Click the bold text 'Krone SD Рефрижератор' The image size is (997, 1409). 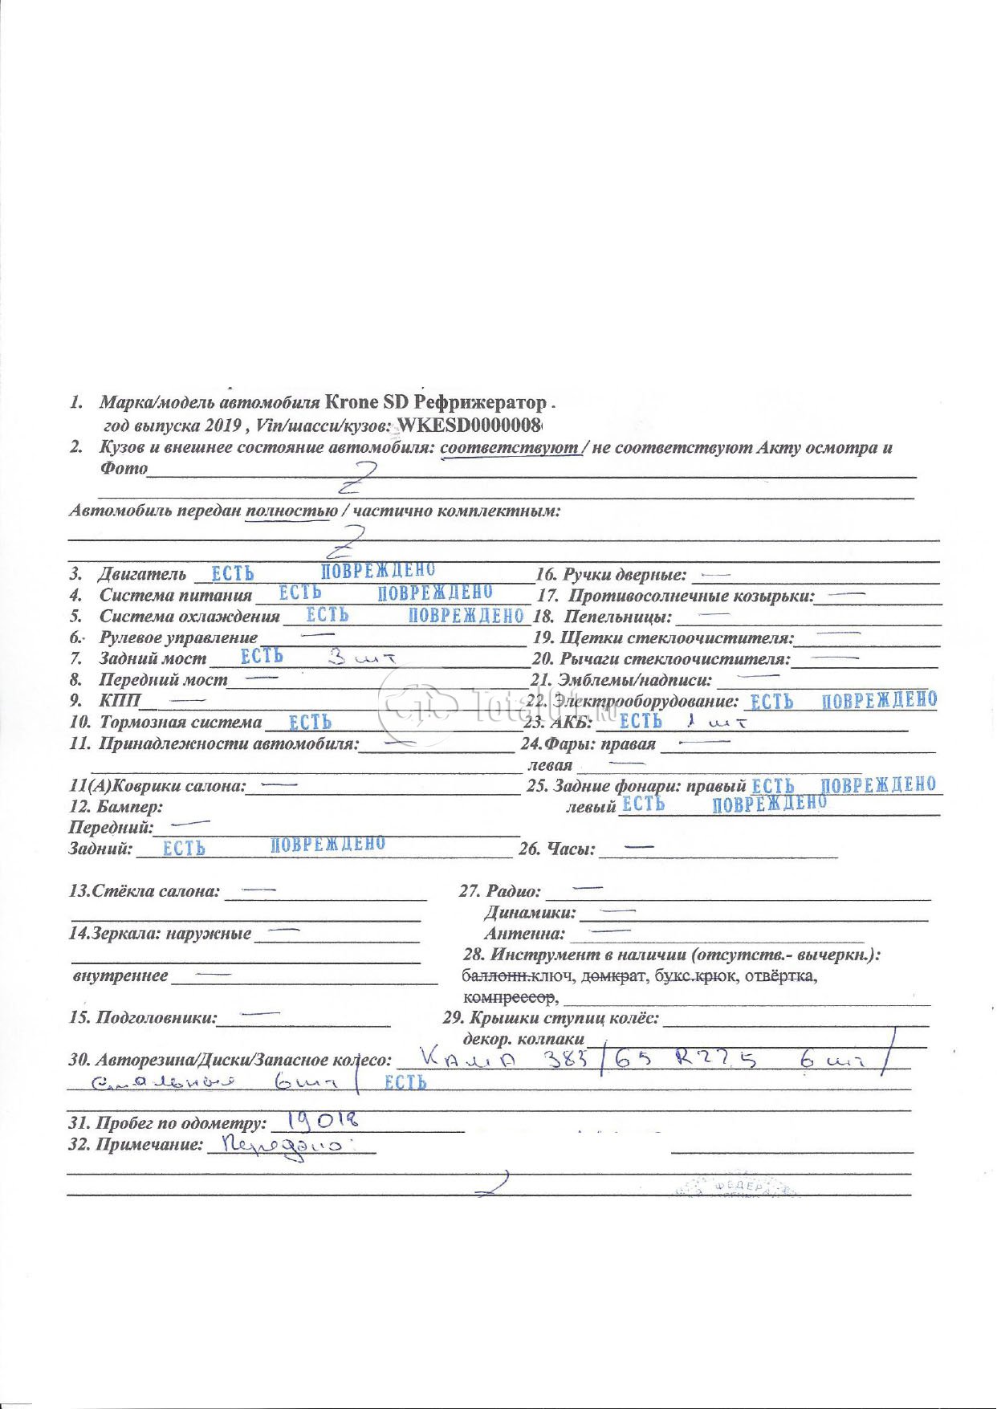435,402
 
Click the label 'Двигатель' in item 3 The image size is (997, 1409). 142,574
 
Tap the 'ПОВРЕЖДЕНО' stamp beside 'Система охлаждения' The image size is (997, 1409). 466,616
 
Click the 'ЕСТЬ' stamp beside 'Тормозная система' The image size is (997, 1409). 310,723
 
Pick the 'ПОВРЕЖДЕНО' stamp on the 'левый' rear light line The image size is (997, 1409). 768,804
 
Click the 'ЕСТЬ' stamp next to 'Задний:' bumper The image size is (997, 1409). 184,849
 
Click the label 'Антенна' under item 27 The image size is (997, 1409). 523,934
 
